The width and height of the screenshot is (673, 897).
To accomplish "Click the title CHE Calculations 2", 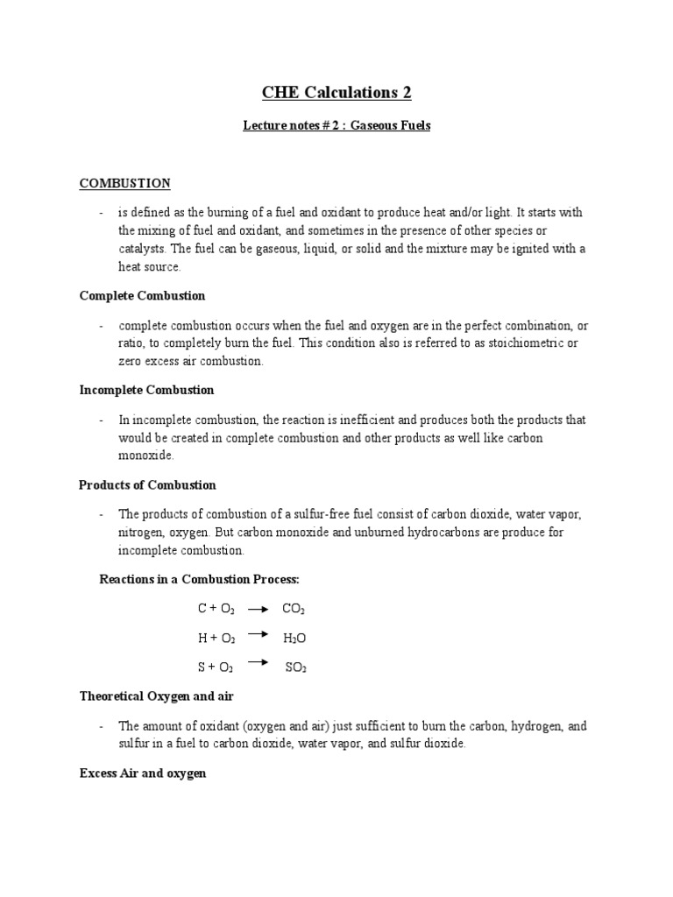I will [x=336, y=94].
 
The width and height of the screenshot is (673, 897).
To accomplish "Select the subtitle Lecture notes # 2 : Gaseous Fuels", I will [x=336, y=126].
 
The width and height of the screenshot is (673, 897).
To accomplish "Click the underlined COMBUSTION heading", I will [x=124, y=183].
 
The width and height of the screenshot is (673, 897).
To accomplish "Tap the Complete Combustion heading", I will [x=142, y=296].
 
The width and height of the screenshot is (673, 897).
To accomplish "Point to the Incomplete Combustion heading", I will [x=146, y=390].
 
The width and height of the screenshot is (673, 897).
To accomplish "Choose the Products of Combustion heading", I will [x=147, y=484].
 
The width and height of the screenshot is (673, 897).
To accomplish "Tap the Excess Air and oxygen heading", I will [x=142, y=775].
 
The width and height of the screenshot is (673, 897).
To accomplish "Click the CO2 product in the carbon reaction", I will [x=294, y=609].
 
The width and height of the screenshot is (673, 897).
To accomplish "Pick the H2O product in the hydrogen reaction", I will [x=294, y=639].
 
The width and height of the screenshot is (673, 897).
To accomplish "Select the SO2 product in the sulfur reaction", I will [x=296, y=668].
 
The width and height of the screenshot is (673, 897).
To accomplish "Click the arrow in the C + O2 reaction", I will [x=251, y=609].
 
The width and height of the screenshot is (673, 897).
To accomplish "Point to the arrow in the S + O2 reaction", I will [x=258, y=664].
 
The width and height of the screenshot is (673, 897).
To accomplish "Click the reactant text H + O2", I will [x=215, y=639].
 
